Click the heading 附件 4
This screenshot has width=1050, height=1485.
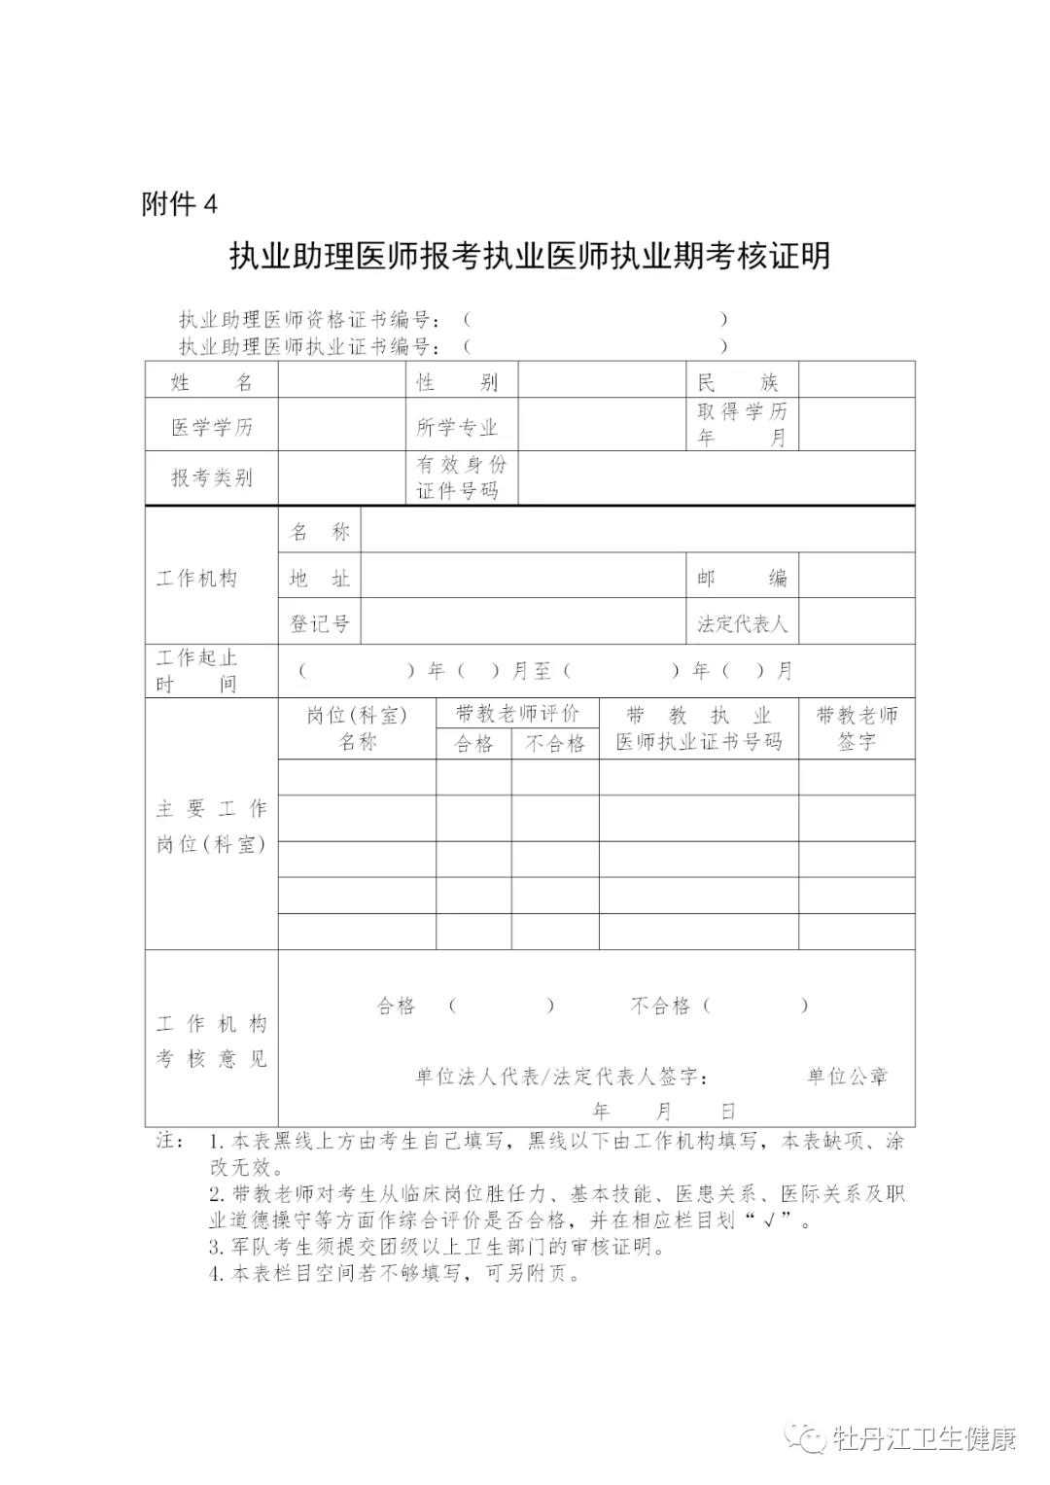click(180, 204)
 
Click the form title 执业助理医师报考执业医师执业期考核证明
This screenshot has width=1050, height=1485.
click(530, 256)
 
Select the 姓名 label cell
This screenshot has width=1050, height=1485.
click(212, 381)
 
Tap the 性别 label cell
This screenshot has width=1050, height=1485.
click(457, 381)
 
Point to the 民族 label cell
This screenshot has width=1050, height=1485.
click(742, 381)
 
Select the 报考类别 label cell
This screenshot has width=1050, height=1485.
click(212, 477)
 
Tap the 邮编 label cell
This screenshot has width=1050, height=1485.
click(742, 579)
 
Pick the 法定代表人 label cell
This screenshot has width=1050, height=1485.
click(742, 623)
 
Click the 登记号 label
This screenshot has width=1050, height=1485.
click(320, 623)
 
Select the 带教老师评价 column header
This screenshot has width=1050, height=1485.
click(517, 714)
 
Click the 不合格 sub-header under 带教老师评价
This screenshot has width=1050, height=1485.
click(555, 744)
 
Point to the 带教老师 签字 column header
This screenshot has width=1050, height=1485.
click(857, 727)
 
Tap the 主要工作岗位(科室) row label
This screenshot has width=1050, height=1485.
click(211, 826)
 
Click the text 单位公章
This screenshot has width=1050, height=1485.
click(848, 1076)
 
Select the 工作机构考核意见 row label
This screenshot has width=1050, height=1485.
click(211, 1041)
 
